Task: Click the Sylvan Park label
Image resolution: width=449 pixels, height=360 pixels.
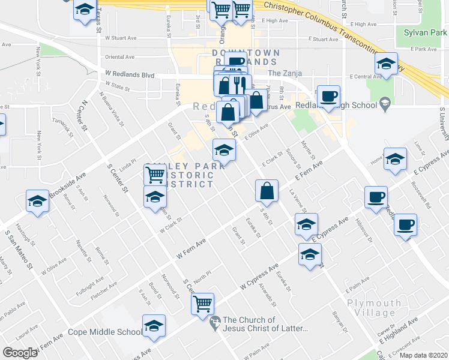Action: [423, 32]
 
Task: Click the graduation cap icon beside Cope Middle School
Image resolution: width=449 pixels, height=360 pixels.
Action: [154, 326]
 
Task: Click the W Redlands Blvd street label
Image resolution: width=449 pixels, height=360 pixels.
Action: [130, 74]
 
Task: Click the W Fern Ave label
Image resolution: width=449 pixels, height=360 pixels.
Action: [191, 247]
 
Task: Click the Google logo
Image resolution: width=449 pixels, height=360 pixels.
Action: [20, 352]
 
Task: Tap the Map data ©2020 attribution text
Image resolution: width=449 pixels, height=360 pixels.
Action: [423, 355]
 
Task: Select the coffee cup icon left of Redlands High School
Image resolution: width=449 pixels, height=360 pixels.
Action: [328, 97]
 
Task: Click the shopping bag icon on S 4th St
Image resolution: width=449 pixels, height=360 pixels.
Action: [267, 191]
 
